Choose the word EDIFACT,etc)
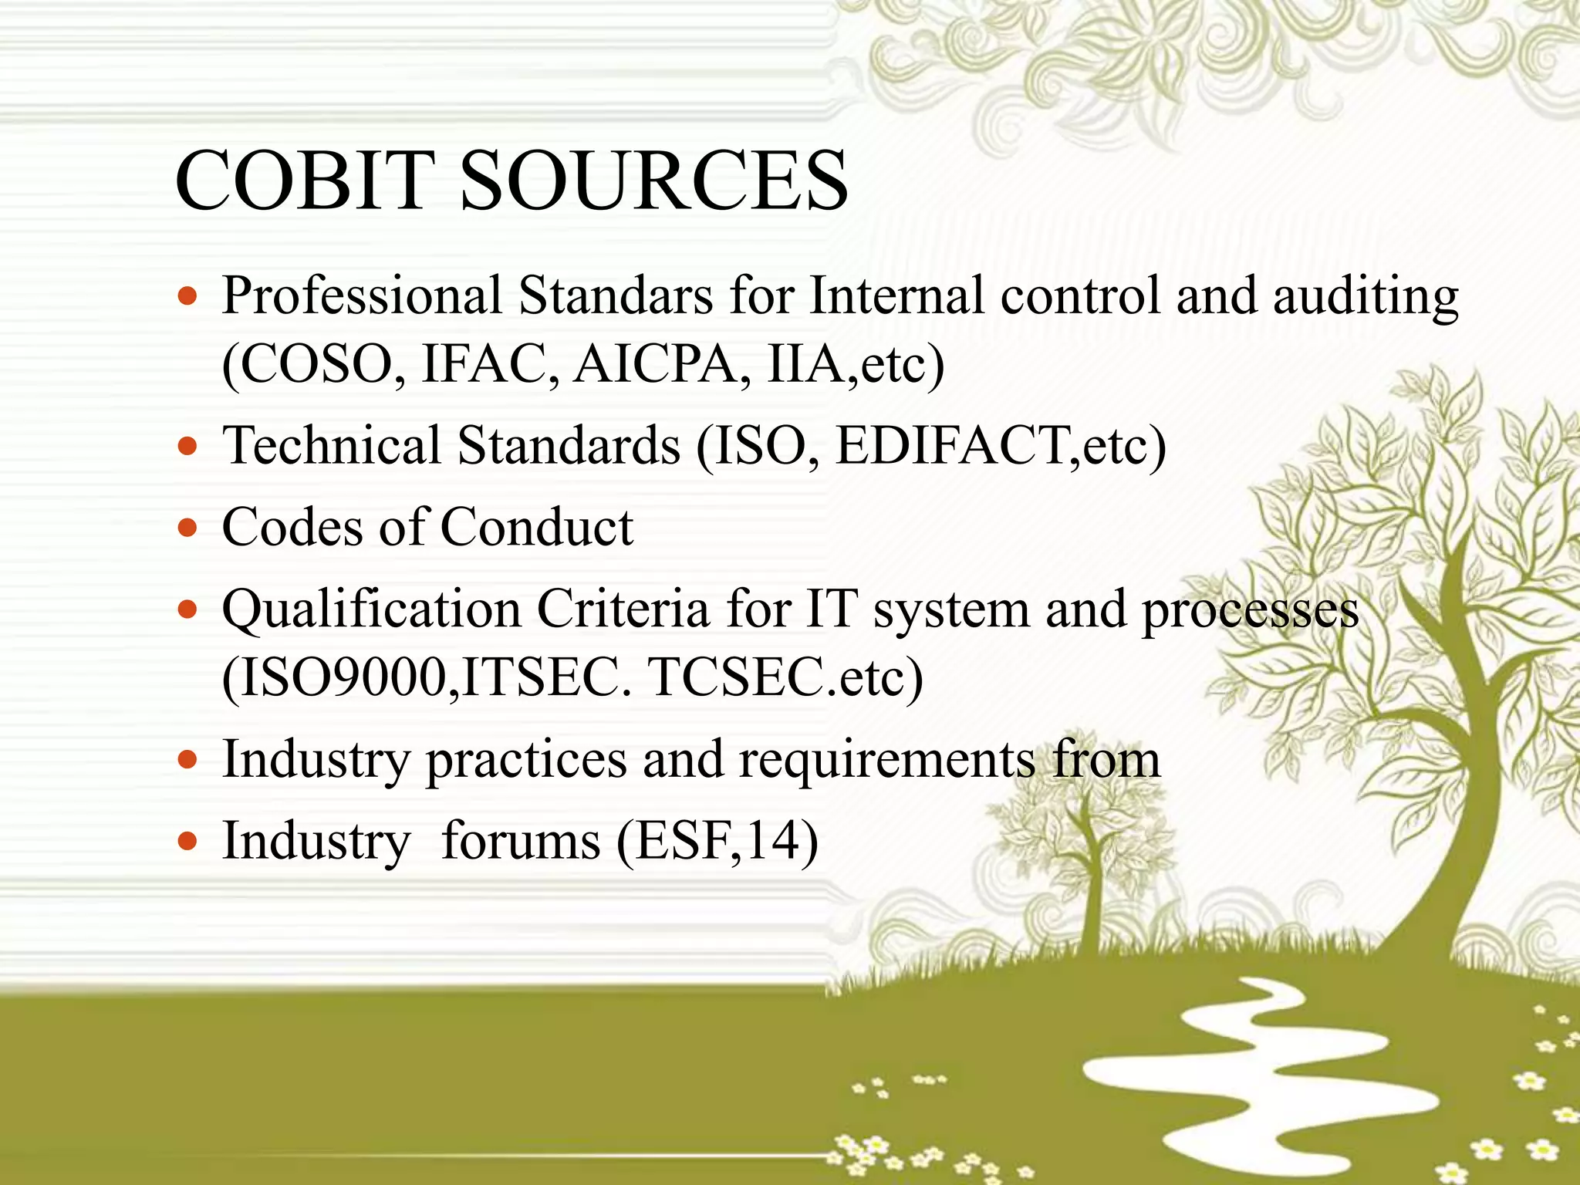pyautogui.click(x=1001, y=446)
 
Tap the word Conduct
pyautogui.click(x=536, y=528)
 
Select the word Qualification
pyautogui.click(x=372, y=609)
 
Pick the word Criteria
pyautogui.click(x=623, y=609)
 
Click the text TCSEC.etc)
pyautogui.click(x=786, y=677)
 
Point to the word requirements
pyautogui.click(x=886, y=759)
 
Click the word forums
pyautogui.click(x=521, y=840)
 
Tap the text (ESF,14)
pyautogui.click(x=717, y=840)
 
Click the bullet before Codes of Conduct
pyautogui.click(x=187, y=528)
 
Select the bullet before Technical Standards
pyautogui.click(x=187, y=446)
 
